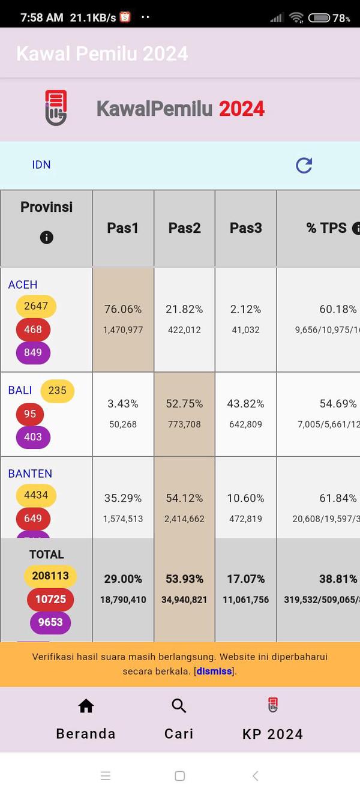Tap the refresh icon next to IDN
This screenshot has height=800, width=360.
304,165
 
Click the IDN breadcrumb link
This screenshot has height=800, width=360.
41,164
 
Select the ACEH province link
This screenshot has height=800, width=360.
23,284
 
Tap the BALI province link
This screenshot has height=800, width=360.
20,390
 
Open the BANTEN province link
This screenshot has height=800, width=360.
30,474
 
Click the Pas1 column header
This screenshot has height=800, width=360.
123,228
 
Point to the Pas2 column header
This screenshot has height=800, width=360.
184,228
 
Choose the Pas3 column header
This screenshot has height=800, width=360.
245,228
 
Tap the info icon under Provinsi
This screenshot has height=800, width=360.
46,237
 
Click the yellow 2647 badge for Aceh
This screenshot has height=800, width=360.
36,306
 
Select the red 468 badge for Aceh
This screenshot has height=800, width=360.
33,329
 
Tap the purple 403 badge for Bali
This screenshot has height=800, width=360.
33,437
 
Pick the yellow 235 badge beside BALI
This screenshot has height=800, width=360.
58,391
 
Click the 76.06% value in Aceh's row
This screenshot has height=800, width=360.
123,309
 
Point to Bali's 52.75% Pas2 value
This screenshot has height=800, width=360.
184,404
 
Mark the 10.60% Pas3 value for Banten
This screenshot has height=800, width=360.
245,498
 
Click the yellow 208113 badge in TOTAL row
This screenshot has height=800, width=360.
50,576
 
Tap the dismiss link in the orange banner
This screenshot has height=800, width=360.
214,671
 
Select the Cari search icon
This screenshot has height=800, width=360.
179,706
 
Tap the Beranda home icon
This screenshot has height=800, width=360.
86,706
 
